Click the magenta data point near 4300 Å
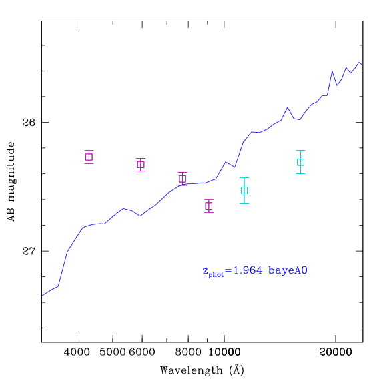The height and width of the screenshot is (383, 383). (x=89, y=157)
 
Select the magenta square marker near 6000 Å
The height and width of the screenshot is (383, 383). (x=141, y=165)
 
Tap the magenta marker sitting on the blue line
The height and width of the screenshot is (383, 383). (x=182, y=179)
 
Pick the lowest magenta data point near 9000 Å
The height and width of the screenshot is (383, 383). (x=209, y=206)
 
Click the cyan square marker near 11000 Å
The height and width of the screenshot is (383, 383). (x=244, y=191)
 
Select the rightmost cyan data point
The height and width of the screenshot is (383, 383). (x=300, y=162)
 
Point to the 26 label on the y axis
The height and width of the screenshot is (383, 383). (x=29, y=122)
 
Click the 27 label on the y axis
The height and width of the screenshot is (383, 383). (x=29, y=251)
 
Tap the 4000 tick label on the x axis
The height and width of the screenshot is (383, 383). (x=77, y=352)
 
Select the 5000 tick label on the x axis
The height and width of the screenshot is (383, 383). (x=113, y=352)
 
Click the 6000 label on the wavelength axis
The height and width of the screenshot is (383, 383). (x=142, y=352)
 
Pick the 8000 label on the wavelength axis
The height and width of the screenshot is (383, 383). (x=188, y=352)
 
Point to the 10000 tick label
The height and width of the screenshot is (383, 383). (x=224, y=352)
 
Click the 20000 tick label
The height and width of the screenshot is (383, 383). (x=336, y=352)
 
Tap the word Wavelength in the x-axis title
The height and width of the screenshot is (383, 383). (x=191, y=370)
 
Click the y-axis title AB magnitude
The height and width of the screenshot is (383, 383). (x=11, y=181)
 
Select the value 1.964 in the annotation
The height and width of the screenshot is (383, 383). (x=248, y=270)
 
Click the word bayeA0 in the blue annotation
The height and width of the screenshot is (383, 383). (x=288, y=271)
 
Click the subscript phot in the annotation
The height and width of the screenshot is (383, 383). (x=216, y=274)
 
